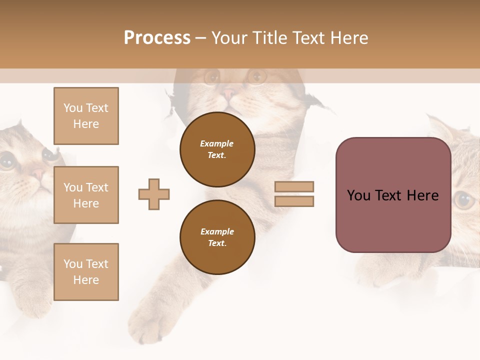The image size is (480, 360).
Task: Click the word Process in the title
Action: point(157,38)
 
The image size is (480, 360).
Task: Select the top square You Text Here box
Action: point(86,116)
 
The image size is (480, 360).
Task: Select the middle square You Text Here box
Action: point(86,195)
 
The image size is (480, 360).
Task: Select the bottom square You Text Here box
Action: point(86,272)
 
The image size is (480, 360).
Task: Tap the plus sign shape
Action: point(154,194)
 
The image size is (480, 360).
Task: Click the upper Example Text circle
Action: point(217,149)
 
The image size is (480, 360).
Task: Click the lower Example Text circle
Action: point(217,237)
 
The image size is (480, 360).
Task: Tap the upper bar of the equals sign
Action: point(294,187)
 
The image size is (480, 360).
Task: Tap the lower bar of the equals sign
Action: point(294,201)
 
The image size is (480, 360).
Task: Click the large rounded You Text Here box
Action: point(393,195)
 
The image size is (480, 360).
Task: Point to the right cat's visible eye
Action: point(464,200)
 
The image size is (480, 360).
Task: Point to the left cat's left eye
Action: point(7,161)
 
